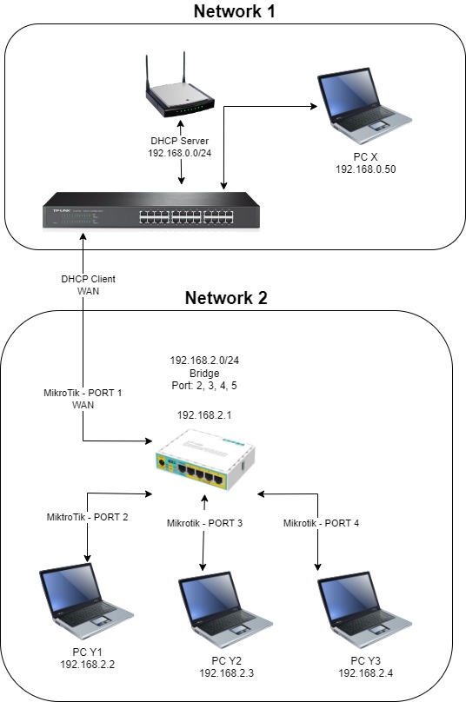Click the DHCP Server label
point(181,141)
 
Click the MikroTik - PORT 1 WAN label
point(84,398)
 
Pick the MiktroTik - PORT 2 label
point(88,517)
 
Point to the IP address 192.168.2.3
point(228,673)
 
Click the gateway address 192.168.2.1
point(205,414)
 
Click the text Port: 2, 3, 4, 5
point(205,385)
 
